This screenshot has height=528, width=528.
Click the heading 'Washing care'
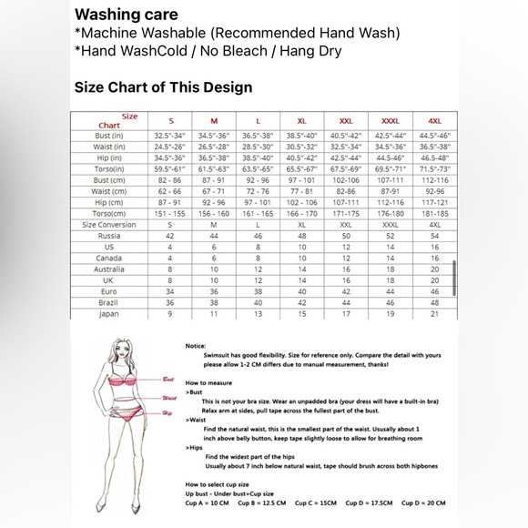tap(126, 15)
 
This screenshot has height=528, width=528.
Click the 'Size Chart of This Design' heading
tap(163, 88)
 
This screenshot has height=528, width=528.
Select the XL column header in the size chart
tap(301, 121)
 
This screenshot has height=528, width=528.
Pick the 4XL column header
tap(434, 121)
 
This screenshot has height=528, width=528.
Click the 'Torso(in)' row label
tap(109, 169)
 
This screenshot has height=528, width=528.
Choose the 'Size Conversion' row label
tap(109, 224)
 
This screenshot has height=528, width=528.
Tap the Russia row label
tap(109, 235)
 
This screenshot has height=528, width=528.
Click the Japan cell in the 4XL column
tap(434, 314)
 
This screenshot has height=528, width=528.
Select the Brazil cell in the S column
tap(169, 302)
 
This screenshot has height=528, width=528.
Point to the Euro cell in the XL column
tap(301, 291)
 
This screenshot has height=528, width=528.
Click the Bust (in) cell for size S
tap(169, 135)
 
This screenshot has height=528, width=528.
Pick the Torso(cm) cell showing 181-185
tap(434, 213)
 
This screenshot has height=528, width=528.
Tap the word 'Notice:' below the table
tap(196, 346)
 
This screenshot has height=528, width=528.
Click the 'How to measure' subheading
tap(210, 383)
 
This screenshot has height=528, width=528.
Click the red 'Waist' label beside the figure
tap(168, 398)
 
